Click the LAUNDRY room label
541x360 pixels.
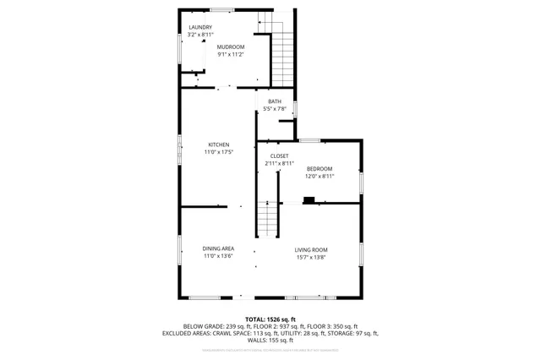199,28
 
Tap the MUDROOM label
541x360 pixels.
230,46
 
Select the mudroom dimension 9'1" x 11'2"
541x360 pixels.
230,54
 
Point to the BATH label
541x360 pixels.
275,101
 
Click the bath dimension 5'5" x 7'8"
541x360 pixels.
275,109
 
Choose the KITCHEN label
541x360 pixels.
218,145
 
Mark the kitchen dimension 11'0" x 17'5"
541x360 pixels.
218,152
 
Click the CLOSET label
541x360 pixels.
279,155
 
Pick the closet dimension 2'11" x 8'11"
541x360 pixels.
279,163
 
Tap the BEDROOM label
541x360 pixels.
320,168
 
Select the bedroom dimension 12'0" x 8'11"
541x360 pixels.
320,176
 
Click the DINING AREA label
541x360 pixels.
218,248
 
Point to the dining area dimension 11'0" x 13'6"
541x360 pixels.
218,255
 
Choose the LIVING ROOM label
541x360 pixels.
311,249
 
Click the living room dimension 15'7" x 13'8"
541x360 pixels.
311,257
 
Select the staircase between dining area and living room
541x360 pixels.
268,221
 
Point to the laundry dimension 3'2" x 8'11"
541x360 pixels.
199,35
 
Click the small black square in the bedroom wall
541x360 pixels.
309,200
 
